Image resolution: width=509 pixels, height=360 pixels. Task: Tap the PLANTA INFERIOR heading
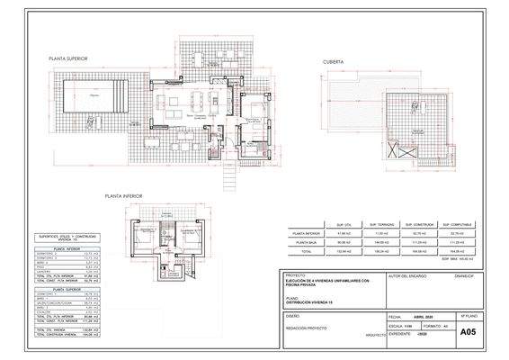[124, 195]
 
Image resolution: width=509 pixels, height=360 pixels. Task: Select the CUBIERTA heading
[335, 63]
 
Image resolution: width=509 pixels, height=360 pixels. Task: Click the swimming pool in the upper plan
[94, 94]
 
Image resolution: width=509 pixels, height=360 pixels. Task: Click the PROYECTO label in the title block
[295, 275]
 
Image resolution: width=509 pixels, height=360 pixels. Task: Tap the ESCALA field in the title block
[396, 326]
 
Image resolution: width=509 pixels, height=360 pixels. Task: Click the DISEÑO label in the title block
[293, 317]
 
